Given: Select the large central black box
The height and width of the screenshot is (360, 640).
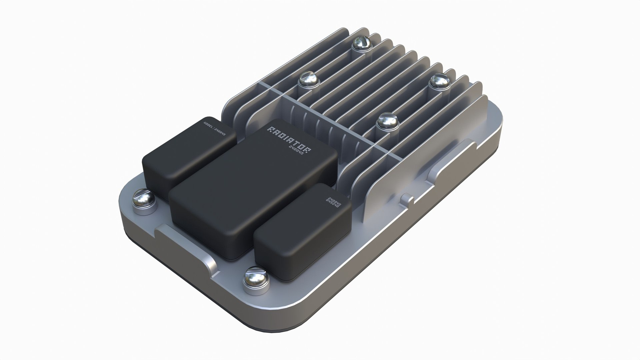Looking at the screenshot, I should coord(253,187).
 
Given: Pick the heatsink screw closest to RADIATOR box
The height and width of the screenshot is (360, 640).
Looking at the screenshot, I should coord(388,122).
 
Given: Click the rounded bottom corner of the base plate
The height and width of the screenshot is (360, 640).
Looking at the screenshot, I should coord(300,310).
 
